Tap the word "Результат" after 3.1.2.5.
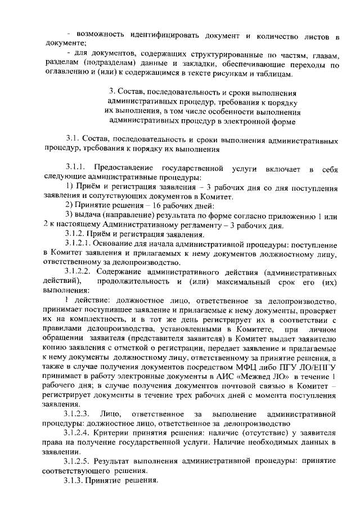tap(125, 462)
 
